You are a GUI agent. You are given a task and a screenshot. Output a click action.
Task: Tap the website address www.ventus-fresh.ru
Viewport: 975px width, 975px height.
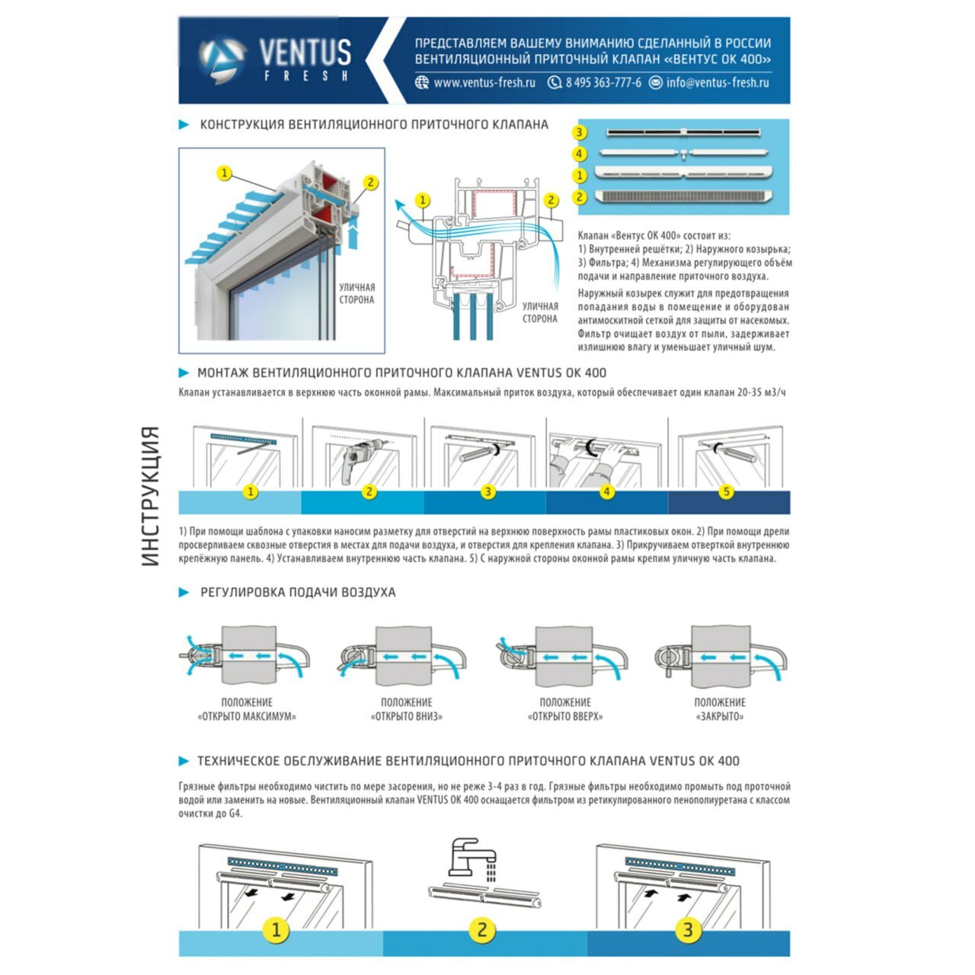[x=484, y=83]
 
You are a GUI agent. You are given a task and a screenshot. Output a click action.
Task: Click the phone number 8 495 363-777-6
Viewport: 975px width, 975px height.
[x=603, y=83]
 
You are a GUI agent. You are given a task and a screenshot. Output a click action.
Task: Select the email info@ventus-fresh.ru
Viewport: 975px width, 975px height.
[x=718, y=83]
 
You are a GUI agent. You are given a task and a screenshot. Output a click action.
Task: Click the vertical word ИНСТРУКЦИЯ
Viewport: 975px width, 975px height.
[x=151, y=496]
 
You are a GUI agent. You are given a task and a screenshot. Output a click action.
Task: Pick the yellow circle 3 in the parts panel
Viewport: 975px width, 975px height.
[x=580, y=133]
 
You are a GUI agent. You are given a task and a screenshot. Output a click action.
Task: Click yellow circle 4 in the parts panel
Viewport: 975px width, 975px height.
[x=580, y=154]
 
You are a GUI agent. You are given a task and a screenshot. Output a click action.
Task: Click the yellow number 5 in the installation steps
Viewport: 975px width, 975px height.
[x=726, y=492]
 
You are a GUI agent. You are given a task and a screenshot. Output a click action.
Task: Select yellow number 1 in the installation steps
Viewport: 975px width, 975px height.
[x=251, y=492]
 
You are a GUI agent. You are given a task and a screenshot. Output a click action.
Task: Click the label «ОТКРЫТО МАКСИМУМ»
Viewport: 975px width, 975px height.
[x=247, y=717]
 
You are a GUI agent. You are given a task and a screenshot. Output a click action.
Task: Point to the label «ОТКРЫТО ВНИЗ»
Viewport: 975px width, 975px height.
[x=406, y=717]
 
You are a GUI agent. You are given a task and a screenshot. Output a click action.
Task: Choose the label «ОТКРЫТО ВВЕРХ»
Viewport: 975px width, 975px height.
[x=565, y=717]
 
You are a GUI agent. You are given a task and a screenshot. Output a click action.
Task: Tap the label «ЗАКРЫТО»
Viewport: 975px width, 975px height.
[x=720, y=717]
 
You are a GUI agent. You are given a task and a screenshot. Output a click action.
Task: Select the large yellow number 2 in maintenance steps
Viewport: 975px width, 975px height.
[x=481, y=930]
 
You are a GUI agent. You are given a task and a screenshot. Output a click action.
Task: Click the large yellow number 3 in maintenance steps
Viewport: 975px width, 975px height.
[x=688, y=930]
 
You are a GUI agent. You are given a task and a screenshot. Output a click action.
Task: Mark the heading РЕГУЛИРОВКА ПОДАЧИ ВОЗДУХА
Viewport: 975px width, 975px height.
[x=298, y=593]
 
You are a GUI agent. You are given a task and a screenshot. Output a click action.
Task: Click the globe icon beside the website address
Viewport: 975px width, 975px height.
[x=422, y=83]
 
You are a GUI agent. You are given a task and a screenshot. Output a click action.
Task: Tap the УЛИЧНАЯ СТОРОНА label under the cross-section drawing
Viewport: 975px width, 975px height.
[x=540, y=313]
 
